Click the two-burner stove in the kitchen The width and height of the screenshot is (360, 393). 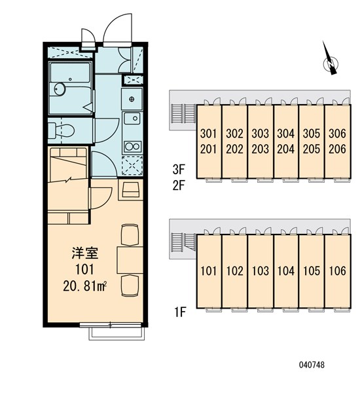(132, 145)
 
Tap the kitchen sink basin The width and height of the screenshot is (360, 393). (132, 119)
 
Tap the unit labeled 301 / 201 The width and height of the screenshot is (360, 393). (208, 140)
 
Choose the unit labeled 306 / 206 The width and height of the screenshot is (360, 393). (337, 140)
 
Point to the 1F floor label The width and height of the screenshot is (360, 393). (179, 312)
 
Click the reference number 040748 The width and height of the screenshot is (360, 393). (313, 365)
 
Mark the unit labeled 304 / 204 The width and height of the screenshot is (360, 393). (285, 140)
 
